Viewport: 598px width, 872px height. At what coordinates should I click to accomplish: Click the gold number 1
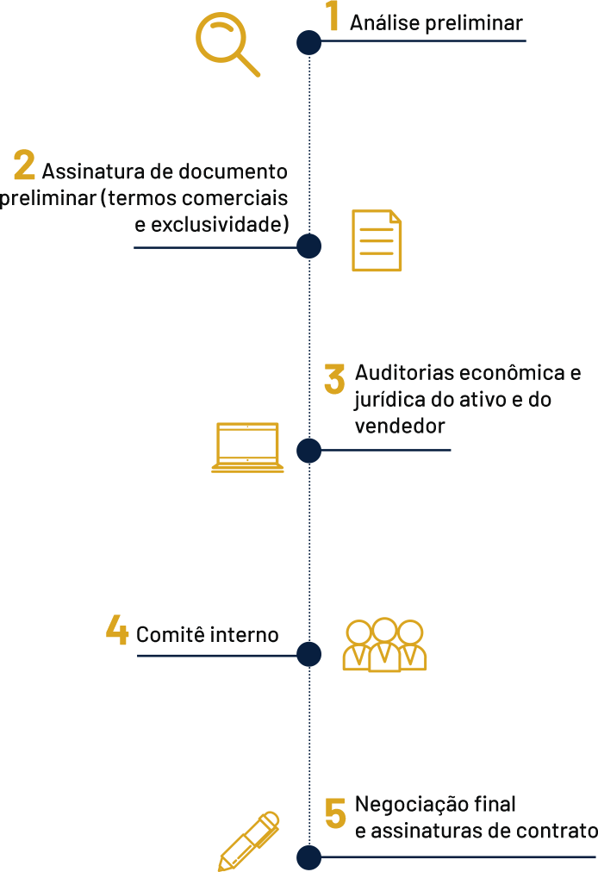point(331,16)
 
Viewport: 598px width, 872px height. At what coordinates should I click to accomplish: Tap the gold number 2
point(24,165)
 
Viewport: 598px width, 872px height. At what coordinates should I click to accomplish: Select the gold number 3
point(334,379)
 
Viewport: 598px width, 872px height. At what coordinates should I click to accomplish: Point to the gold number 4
point(117,630)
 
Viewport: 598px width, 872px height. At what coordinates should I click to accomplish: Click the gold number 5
point(336,813)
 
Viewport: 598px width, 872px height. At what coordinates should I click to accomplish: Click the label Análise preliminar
point(436,24)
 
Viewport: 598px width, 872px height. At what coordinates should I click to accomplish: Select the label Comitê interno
point(208,635)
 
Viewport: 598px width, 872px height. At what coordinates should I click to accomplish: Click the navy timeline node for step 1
point(309,42)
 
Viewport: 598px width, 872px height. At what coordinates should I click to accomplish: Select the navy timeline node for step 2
point(309,246)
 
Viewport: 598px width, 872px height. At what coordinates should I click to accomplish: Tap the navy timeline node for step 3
point(309,451)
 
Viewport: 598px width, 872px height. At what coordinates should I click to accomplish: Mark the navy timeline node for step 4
point(309,654)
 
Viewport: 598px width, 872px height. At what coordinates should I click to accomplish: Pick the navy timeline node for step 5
point(309,857)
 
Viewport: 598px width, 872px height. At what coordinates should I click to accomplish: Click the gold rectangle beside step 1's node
point(227,45)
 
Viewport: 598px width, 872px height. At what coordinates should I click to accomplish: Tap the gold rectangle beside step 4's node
point(384,645)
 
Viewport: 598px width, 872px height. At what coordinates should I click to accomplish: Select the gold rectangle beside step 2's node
point(377,240)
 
